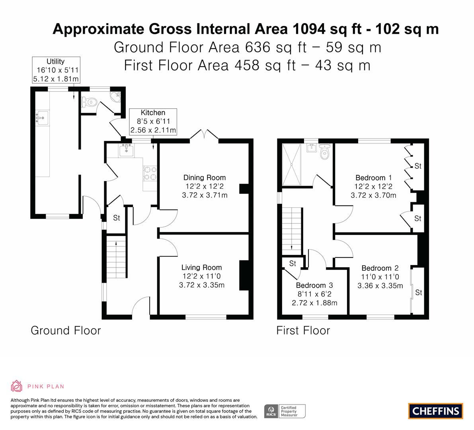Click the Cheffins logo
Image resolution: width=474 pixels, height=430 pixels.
(435, 411)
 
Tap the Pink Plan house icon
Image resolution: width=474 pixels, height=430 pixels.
(17, 386)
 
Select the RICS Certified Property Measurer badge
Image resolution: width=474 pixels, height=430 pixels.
(285, 411)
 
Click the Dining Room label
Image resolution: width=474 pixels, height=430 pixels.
(205, 178)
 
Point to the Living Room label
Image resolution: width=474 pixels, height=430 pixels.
(202, 267)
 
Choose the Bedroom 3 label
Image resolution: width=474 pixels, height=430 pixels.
(314, 285)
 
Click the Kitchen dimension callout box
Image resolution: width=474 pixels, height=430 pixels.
(153, 121)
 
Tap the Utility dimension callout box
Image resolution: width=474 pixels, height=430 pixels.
(56, 70)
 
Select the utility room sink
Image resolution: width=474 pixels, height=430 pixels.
(42, 118)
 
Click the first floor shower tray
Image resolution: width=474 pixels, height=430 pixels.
(291, 164)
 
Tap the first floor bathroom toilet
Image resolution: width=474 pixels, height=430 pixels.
(324, 152)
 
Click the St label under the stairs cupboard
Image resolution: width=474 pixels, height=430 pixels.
(116, 218)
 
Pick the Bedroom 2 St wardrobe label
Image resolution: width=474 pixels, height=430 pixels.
(419, 292)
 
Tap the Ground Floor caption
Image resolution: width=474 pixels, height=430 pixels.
(66, 330)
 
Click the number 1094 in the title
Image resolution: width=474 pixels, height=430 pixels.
(309, 29)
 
